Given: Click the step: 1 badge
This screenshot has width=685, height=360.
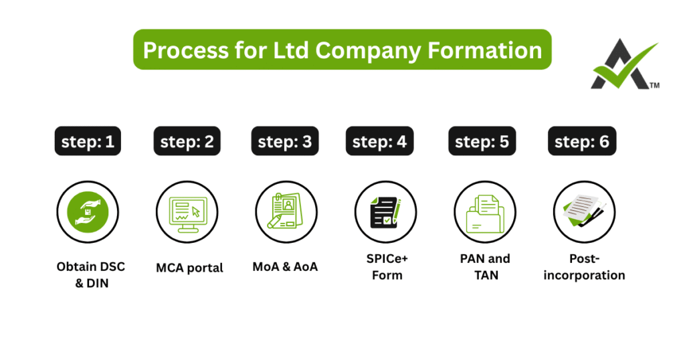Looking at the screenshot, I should pyautogui.click(x=88, y=142).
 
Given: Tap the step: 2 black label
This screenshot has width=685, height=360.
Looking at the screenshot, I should pyautogui.click(x=187, y=142).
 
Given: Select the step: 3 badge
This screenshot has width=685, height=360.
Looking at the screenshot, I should pyautogui.click(x=285, y=142).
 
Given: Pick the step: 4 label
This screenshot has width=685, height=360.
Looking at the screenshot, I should pyautogui.click(x=379, y=142).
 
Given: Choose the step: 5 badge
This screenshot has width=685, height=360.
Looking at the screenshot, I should pyautogui.click(x=482, y=142).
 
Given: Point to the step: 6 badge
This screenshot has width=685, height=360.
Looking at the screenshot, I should pyautogui.click(x=582, y=142).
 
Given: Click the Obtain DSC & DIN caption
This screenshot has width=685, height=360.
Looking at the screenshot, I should pyautogui.click(x=91, y=274).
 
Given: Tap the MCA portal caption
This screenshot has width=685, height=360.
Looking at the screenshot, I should pyautogui.click(x=190, y=268).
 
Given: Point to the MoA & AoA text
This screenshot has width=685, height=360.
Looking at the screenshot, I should pyautogui.click(x=285, y=266).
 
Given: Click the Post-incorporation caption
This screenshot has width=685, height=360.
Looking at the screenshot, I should pyautogui.click(x=584, y=267).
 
